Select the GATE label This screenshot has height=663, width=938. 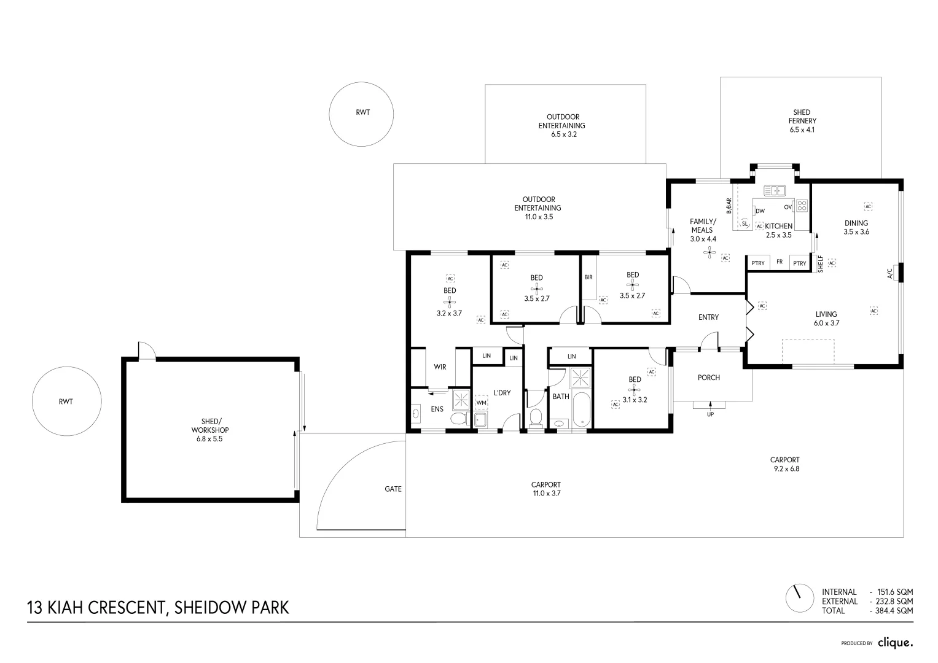tap(393, 489)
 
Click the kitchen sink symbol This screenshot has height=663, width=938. tap(774, 191)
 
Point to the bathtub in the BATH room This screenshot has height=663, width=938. tap(581, 410)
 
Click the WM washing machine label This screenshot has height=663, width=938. tap(482, 403)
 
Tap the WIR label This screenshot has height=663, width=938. tap(440, 366)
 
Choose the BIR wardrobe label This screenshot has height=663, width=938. tap(588, 277)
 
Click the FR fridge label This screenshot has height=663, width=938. tap(780, 262)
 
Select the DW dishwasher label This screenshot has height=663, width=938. tap(760, 211)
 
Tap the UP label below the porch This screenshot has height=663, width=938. tap(710, 414)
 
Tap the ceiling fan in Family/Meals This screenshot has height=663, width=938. tap(709, 252)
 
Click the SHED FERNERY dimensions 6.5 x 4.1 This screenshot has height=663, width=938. tap(802, 130)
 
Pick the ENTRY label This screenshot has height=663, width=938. tap(708, 317)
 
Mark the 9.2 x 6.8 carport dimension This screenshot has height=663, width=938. tap(786, 469)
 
